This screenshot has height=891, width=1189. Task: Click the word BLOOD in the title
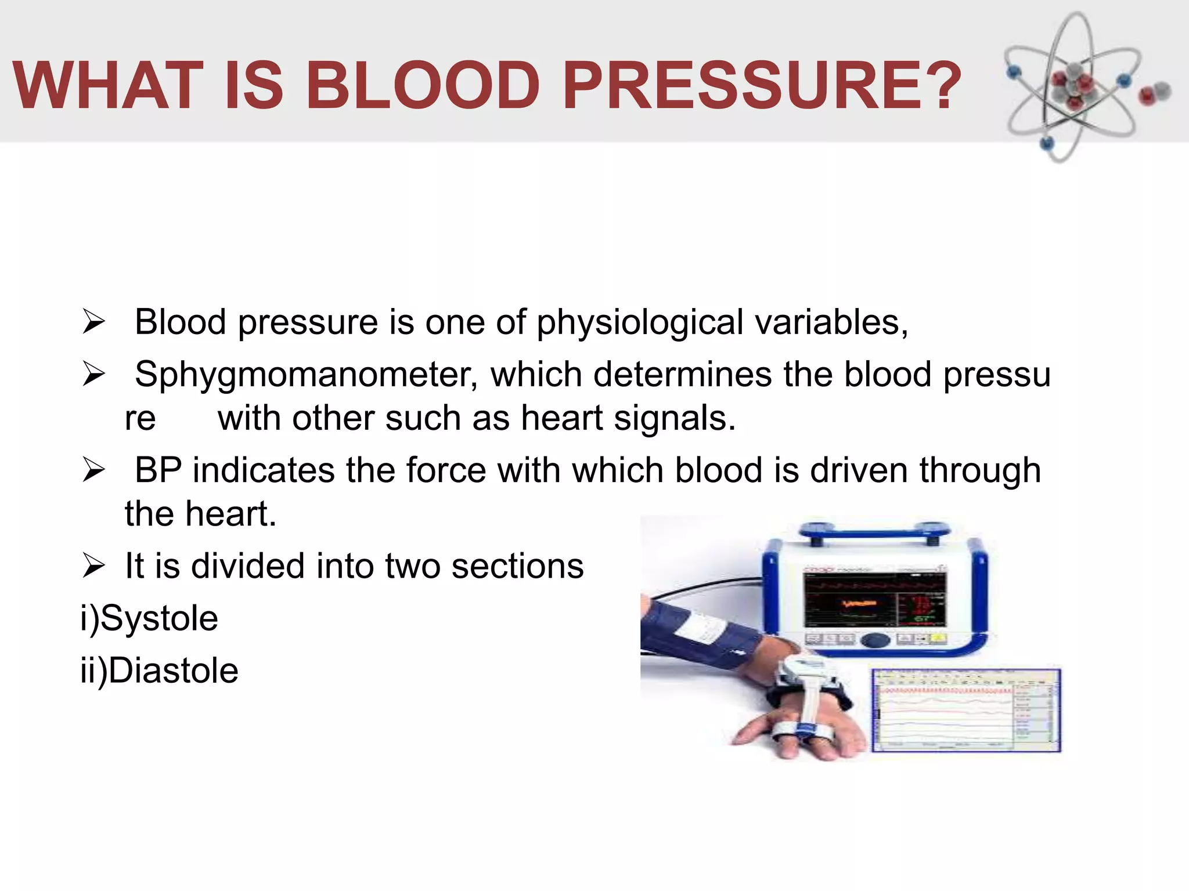pyautogui.click(x=423, y=86)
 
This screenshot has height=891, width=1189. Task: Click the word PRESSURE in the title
pyautogui.click(x=736, y=86)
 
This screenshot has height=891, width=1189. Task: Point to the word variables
pyautogui.click(x=827, y=323)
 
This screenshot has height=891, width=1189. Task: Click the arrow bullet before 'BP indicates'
pyautogui.click(x=93, y=469)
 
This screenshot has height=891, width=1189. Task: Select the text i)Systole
pyautogui.click(x=149, y=618)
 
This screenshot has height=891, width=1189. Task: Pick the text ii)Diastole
pyautogui.click(x=159, y=671)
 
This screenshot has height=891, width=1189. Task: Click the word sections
pyautogui.click(x=517, y=566)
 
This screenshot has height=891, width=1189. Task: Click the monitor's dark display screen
pyautogui.click(x=874, y=600)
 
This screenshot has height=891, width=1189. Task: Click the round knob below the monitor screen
pyautogui.click(x=874, y=640)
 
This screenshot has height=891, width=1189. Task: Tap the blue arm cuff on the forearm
pyautogui.click(x=697, y=632)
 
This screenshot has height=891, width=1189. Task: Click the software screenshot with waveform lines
pyautogui.click(x=966, y=711)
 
